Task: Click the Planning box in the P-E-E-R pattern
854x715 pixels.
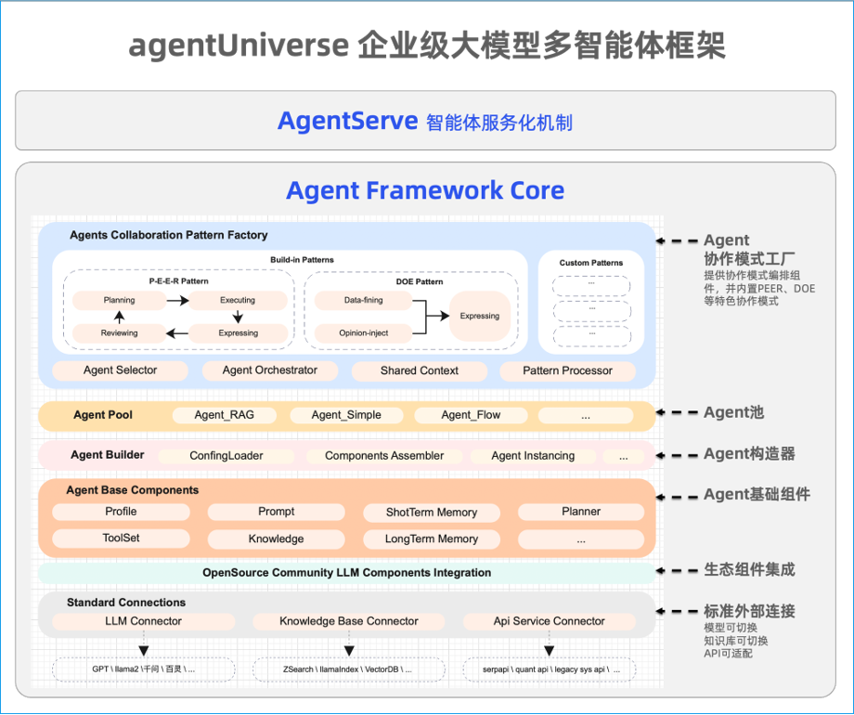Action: (x=120, y=300)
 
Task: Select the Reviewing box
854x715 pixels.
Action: (x=120, y=332)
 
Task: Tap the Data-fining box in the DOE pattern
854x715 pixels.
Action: (x=363, y=300)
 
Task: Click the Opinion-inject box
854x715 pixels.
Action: (x=364, y=332)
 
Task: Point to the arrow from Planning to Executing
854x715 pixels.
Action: (x=176, y=300)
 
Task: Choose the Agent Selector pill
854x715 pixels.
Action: (x=121, y=370)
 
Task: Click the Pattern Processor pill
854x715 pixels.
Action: (x=567, y=370)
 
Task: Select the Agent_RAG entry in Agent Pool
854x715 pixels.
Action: (x=223, y=415)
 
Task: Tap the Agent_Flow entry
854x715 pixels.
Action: (x=471, y=415)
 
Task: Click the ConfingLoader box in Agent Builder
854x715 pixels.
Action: (x=226, y=456)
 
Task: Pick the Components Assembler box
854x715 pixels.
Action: (x=384, y=456)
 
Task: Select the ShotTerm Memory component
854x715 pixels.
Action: (x=432, y=513)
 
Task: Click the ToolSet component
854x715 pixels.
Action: (x=121, y=539)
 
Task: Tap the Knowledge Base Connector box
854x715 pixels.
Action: (x=349, y=621)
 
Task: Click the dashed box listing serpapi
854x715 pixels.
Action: (x=549, y=669)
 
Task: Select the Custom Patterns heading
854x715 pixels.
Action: (x=591, y=263)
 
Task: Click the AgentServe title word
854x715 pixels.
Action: (x=347, y=121)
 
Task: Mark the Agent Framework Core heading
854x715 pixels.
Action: (x=425, y=190)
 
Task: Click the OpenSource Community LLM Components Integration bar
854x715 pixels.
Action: (x=347, y=573)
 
